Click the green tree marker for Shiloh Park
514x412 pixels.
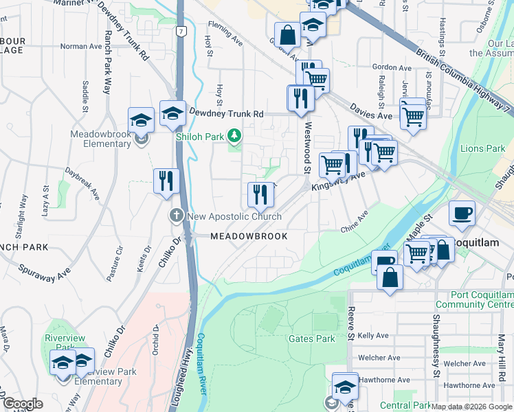[235, 136]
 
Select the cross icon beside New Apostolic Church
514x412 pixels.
[176, 216]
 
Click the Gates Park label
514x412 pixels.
[311, 339]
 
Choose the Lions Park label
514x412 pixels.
[482, 148]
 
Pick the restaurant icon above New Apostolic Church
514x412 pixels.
[260, 195]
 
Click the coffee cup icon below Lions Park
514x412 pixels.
[462, 213]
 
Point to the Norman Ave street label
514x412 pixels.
[81, 47]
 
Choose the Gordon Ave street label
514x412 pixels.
[391, 68]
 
